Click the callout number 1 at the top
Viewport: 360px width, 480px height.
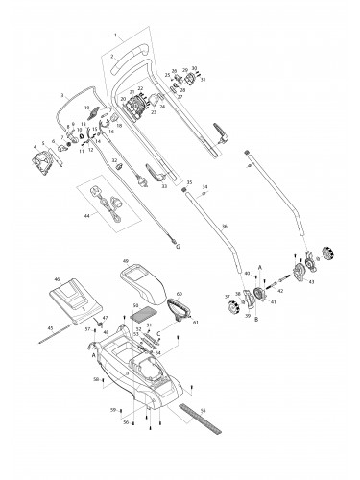click(116, 36)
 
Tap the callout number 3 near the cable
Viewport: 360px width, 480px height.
click(62, 95)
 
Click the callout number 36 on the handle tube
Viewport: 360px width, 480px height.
click(223, 225)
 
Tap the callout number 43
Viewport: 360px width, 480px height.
click(310, 283)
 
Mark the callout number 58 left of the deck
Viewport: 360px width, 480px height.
click(95, 381)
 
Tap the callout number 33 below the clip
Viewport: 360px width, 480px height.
click(164, 186)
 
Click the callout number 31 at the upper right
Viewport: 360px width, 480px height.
click(203, 79)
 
